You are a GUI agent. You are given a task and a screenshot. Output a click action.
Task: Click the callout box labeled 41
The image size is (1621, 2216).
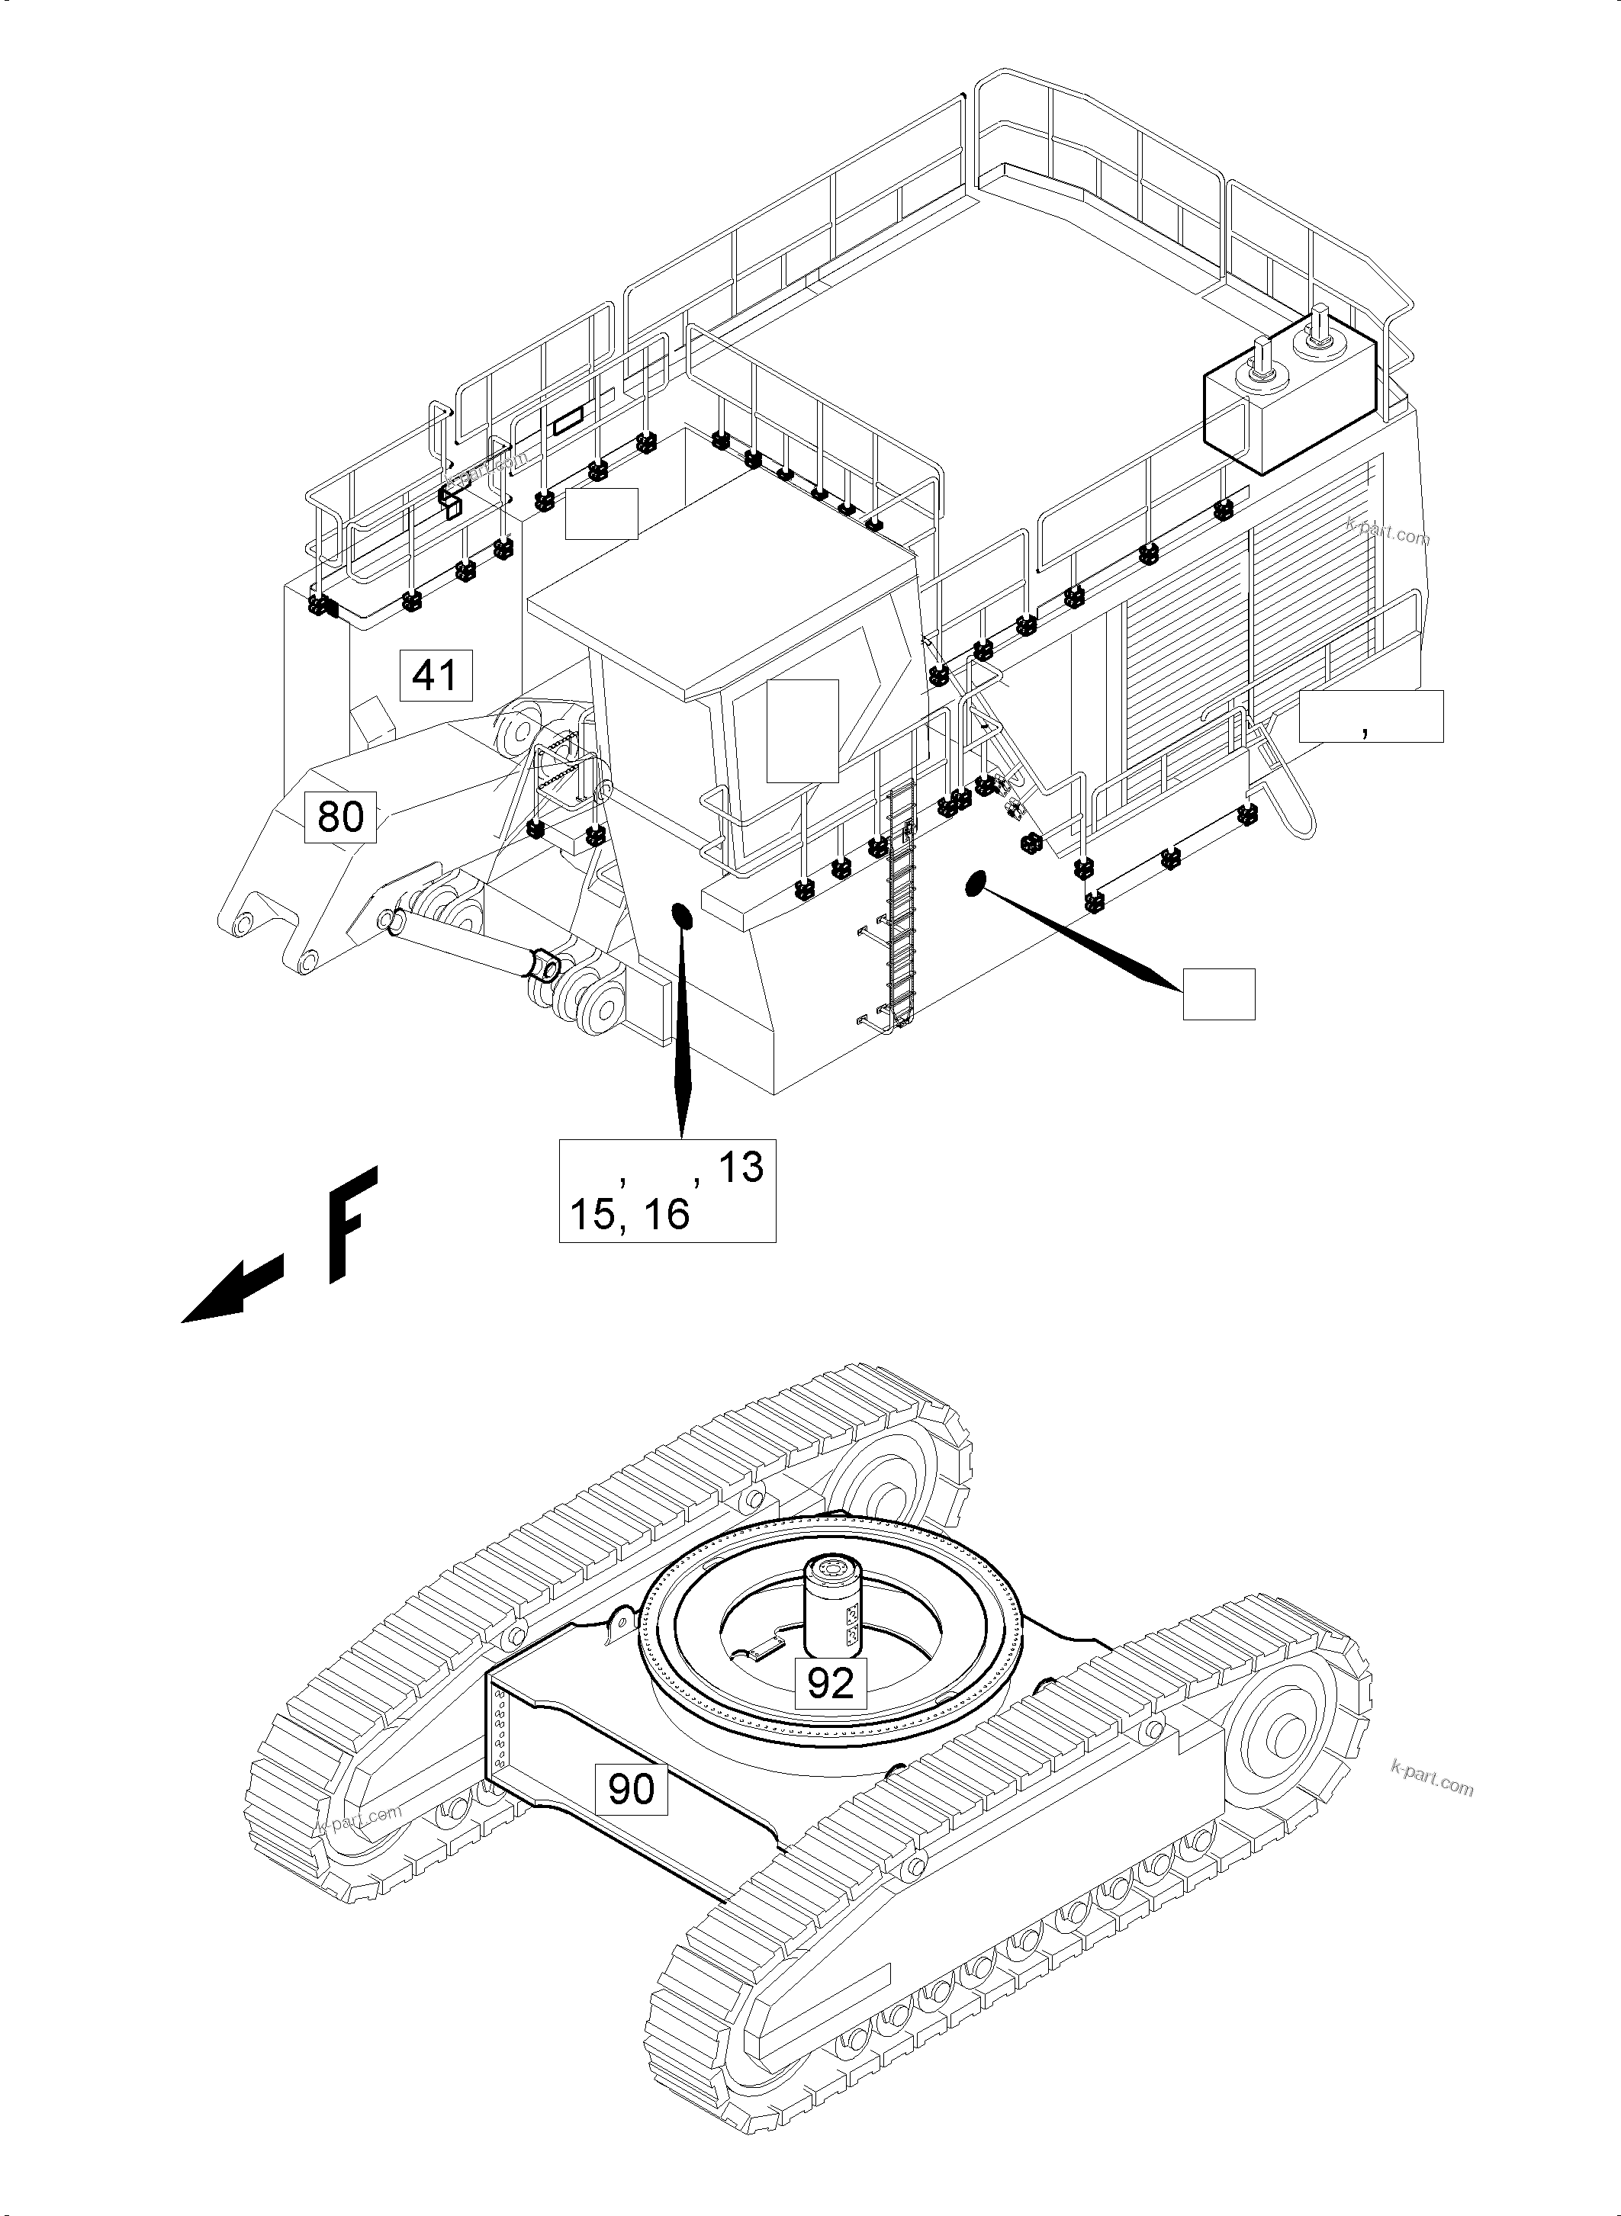pyautogui.click(x=436, y=675)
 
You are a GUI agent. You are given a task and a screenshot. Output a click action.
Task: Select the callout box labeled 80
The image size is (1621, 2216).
pyautogui.click(x=340, y=815)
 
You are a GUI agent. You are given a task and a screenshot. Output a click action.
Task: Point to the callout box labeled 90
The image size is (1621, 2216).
pyautogui.click(x=631, y=1788)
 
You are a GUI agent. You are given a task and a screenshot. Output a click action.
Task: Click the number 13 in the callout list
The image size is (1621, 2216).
pyautogui.click(x=741, y=1167)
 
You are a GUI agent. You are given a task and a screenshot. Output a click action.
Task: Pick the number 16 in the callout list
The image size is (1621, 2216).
pyautogui.click(x=667, y=1215)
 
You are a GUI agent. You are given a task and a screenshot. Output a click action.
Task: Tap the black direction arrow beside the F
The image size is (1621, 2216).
pyautogui.click(x=233, y=1291)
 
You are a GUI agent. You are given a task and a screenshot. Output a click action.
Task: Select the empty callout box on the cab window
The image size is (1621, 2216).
pyautogui.click(x=802, y=730)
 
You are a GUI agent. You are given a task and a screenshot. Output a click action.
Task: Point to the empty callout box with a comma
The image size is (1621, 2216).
pyautogui.click(x=1370, y=715)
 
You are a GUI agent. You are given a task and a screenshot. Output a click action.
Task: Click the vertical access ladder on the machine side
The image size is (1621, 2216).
pyautogui.click(x=900, y=907)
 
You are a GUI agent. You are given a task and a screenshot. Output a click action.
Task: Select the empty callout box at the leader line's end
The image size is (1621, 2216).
pyautogui.click(x=1217, y=994)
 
